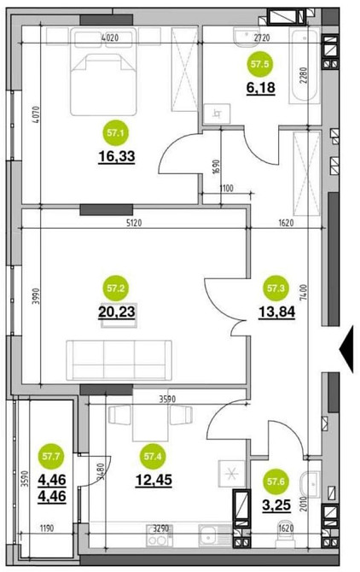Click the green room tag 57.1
click(x=116, y=133)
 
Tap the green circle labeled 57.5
click(x=260, y=64)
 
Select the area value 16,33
click(x=117, y=156)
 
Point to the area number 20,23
click(x=117, y=312)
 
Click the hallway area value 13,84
click(x=277, y=312)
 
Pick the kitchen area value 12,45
click(x=154, y=480)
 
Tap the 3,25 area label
click(x=276, y=505)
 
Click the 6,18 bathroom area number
click(x=260, y=88)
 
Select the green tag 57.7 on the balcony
click(x=51, y=456)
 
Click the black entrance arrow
click(x=347, y=350)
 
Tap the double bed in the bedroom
click(x=103, y=72)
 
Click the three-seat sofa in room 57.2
click(x=119, y=360)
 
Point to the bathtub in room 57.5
click(x=304, y=66)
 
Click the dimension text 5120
click(x=133, y=223)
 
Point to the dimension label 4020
click(x=110, y=38)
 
